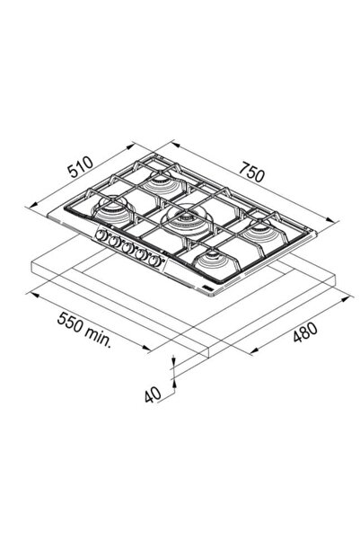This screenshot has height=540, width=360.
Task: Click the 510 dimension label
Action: point(80,167)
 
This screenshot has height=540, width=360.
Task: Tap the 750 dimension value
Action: point(252,172)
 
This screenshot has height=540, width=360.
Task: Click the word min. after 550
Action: point(98,337)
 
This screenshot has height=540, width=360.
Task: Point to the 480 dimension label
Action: point(305,332)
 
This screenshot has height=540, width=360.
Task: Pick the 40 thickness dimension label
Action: point(153,394)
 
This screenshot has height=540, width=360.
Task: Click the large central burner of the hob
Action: point(188,220)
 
